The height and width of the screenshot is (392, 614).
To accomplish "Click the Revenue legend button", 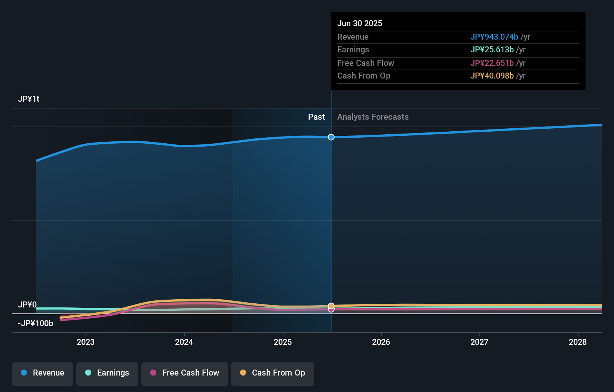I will (43, 373).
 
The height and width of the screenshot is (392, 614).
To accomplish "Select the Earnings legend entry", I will (107, 373).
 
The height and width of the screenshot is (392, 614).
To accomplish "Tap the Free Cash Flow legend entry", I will (185, 373).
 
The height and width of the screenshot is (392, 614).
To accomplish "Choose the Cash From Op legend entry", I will (273, 373).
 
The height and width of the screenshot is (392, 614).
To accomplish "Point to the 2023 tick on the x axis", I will (86, 342).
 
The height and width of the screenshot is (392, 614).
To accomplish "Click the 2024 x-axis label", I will (184, 342).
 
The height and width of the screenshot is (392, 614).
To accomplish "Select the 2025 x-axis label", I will (283, 342).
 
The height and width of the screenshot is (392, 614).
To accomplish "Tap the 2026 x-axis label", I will (381, 342).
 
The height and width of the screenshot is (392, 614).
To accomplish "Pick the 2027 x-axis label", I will (479, 342).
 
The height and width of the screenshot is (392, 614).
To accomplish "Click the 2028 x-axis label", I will (578, 342).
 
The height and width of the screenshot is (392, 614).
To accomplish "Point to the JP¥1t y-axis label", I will (29, 99).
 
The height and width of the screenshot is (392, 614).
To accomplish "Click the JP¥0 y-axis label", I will (27, 305).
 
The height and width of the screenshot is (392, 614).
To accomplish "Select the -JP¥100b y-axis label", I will (36, 324).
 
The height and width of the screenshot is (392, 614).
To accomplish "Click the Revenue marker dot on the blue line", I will (331, 137).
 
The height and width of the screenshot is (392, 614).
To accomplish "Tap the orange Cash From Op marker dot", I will (331, 306).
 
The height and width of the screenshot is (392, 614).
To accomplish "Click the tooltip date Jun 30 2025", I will (360, 24).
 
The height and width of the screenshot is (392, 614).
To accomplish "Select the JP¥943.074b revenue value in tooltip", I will (494, 37).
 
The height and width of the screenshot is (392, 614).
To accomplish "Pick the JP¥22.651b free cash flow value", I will (492, 63).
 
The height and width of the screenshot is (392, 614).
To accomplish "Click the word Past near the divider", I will (316, 117).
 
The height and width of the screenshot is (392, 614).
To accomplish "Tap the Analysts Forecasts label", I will (373, 117).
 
